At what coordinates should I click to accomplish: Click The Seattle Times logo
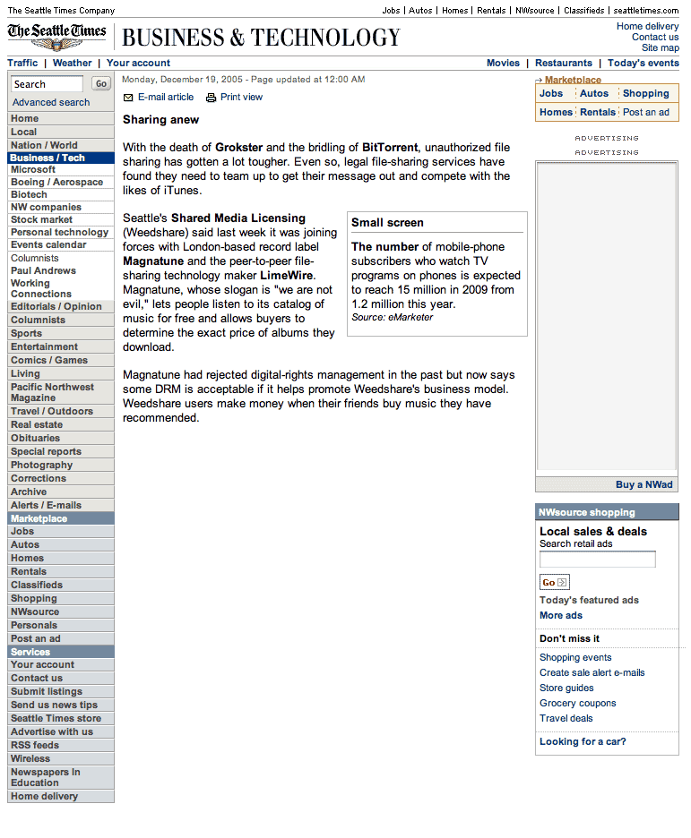tap(57, 36)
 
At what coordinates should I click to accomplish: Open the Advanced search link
tap(51, 102)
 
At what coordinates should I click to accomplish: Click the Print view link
tap(241, 97)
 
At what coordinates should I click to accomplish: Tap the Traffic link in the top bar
tap(22, 63)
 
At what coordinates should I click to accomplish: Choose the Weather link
tap(72, 63)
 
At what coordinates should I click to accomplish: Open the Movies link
tap(503, 63)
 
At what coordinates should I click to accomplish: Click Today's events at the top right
tap(643, 63)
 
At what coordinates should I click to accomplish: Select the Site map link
tap(660, 47)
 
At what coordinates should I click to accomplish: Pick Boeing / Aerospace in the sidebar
tap(56, 182)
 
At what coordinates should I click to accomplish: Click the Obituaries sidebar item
tap(35, 438)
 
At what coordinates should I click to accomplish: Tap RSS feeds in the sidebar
tap(34, 745)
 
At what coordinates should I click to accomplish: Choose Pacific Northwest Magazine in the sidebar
tap(52, 392)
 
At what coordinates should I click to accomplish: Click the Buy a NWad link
tap(643, 484)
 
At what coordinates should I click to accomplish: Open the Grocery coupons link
tap(577, 703)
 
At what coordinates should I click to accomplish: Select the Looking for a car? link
tap(583, 741)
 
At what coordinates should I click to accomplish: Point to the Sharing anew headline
tap(160, 120)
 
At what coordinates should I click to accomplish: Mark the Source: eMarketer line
tap(392, 317)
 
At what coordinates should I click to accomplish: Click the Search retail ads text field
tap(597, 560)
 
